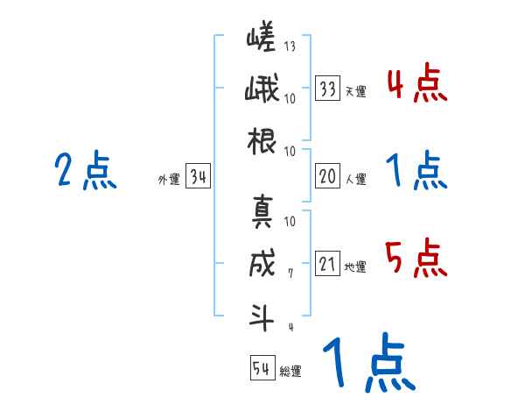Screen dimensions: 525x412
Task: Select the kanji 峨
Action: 261,90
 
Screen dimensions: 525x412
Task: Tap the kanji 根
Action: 262,139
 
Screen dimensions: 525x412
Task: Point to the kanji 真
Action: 262,211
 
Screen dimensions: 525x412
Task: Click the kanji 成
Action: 262,264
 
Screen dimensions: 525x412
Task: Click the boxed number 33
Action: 328,89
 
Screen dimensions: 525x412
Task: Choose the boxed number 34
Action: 198,178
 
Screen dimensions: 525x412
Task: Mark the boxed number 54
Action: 262,367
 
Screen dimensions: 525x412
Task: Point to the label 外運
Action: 169,180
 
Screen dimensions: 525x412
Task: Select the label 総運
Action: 290,370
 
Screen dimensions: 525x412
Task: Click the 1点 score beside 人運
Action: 416,170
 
